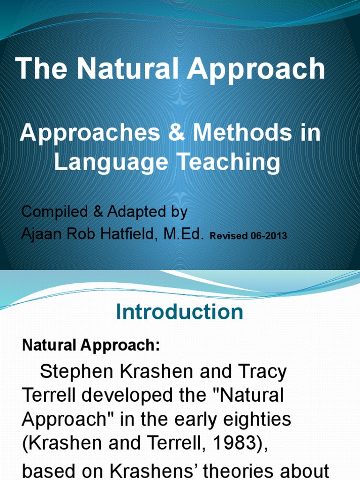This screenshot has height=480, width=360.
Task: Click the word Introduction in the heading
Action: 180,312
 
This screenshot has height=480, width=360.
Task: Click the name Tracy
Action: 263,372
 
